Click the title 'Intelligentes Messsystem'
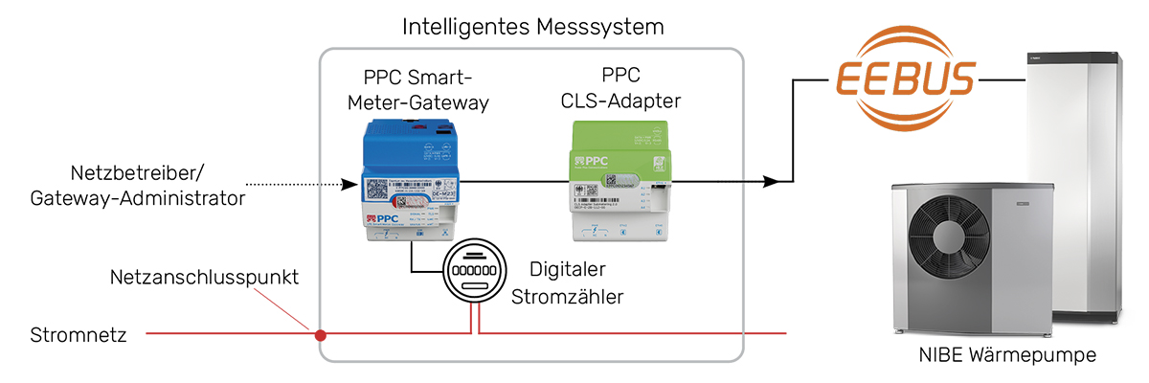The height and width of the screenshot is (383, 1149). click(532, 26)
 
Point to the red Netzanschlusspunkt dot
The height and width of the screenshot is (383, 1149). click(322, 335)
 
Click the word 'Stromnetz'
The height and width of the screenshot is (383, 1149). click(74, 335)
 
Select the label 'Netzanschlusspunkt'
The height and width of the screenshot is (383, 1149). click(205, 278)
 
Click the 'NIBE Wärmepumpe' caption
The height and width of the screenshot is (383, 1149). click(1007, 356)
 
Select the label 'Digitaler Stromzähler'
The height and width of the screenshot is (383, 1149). click(568, 282)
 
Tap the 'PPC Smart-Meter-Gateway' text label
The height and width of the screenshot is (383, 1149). click(425, 88)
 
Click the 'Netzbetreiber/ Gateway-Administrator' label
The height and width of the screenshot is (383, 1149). click(137, 186)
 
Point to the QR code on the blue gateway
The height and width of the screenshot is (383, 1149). click(377, 189)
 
